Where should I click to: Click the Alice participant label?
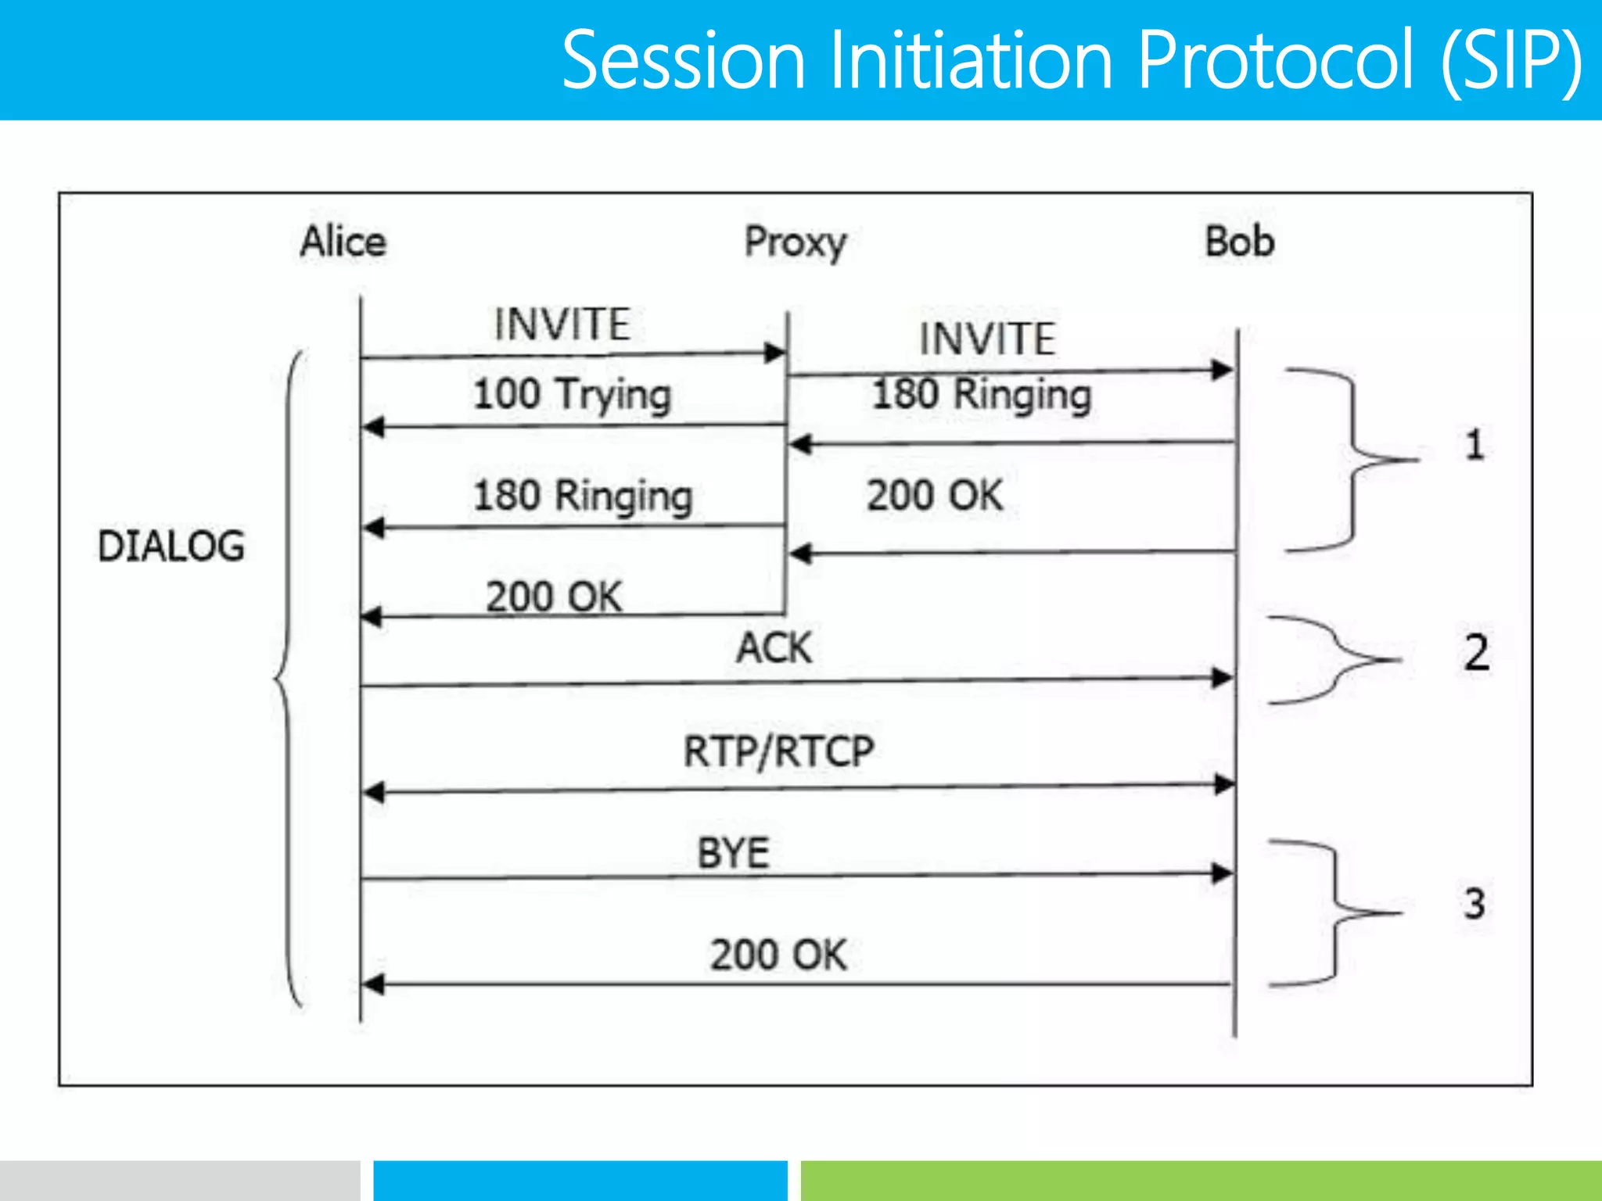click(343, 241)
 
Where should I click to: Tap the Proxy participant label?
click(795, 242)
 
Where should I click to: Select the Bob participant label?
click(1239, 241)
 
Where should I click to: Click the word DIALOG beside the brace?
click(171, 546)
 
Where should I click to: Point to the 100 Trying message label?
click(572, 394)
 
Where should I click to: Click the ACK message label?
click(774, 647)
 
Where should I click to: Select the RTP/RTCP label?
click(778, 751)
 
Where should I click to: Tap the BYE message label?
click(733, 853)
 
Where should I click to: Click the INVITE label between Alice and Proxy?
click(562, 324)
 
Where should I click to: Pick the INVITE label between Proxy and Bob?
click(987, 339)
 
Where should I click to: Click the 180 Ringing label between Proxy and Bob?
click(982, 394)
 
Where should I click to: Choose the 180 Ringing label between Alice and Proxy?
click(583, 496)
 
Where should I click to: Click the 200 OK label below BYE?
click(778, 955)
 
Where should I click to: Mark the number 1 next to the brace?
click(1474, 445)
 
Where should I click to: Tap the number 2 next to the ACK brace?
click(1476, 652)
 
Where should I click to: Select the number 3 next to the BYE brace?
click(1474, 903)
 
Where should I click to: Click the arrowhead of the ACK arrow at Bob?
click(1222, 678)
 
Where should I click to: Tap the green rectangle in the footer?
click(1201, 1181)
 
